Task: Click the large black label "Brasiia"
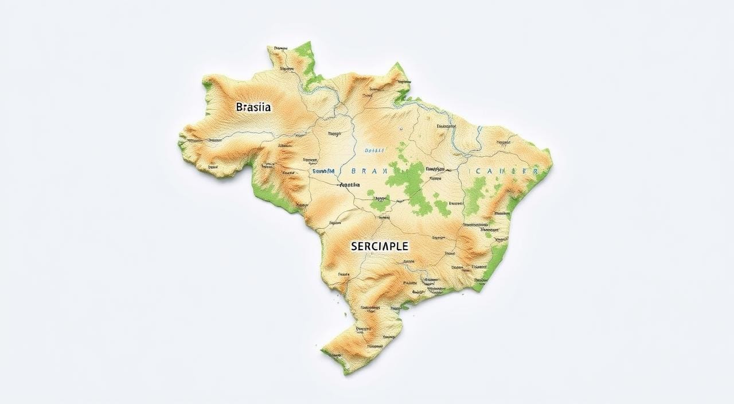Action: click(253, 107)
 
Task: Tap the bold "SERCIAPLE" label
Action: click(379, 246)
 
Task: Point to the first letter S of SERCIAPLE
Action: click(353, 246)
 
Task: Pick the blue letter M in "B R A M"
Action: click(385, 171)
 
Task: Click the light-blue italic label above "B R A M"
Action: click(374, 150)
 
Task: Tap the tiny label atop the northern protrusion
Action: click(280, 46)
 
